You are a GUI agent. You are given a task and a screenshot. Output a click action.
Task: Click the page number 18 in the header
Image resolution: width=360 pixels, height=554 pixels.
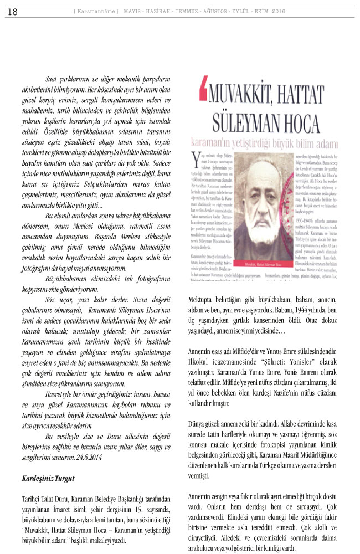(12, 11)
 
